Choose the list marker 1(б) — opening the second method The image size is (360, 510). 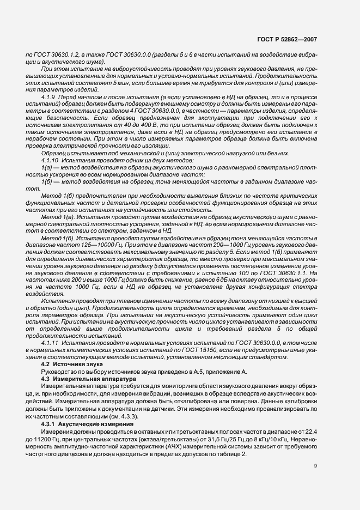pyautogui.click(x=47, y=181)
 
